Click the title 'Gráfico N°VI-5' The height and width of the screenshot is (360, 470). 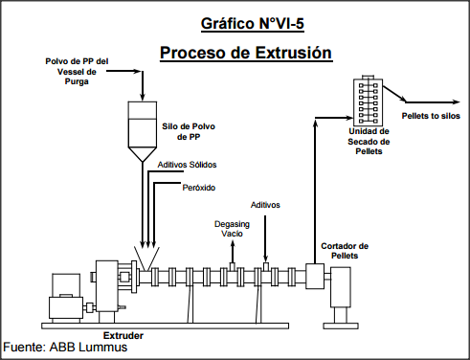coord(245,21)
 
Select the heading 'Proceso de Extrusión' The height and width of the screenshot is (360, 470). coord(245,52)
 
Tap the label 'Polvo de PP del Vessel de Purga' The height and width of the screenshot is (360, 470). coord(78,72)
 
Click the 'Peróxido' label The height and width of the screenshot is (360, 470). coord(198,187)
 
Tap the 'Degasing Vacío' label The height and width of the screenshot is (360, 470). coord(232,228)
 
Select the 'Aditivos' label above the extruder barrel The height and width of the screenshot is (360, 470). coord(266,204)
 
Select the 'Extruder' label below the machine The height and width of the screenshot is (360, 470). coord(123,336)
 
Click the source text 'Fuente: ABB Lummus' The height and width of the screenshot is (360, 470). coord(66,348)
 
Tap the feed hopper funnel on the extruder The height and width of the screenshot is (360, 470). coord(145,259)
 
